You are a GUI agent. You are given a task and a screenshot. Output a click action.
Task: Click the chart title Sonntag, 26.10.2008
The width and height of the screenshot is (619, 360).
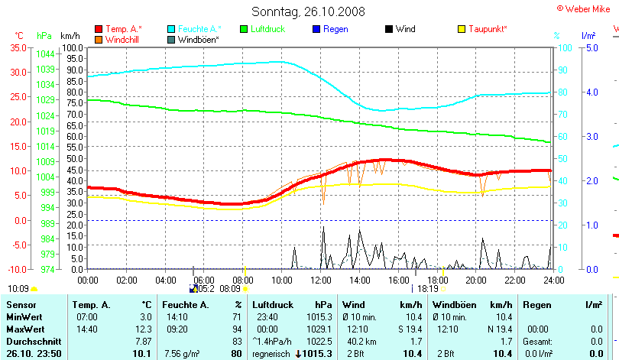point(309,11)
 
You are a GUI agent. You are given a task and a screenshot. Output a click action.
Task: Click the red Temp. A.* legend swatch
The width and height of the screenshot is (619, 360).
point(99,29)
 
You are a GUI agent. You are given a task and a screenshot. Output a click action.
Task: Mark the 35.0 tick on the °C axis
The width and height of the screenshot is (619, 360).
point(18,47)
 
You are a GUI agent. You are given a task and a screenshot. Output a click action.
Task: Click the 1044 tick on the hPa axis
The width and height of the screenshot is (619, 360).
point(45,54)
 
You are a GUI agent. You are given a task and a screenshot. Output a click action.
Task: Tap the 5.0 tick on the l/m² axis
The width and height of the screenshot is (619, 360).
point(591,47)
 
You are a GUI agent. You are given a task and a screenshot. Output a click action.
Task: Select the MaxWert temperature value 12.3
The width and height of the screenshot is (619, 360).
point(144,328)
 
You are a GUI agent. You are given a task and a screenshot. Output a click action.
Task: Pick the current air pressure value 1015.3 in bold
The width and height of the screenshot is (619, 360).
point(319,354)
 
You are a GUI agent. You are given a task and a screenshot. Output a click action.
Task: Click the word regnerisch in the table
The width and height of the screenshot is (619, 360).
point(272,354)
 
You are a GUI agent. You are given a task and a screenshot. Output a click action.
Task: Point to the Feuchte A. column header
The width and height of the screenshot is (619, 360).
point(184,305)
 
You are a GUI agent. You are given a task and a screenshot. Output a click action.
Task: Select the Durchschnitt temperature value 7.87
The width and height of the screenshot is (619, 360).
point(143,340)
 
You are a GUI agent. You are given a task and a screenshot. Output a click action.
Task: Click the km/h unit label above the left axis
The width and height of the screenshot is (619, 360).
point(70,36)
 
